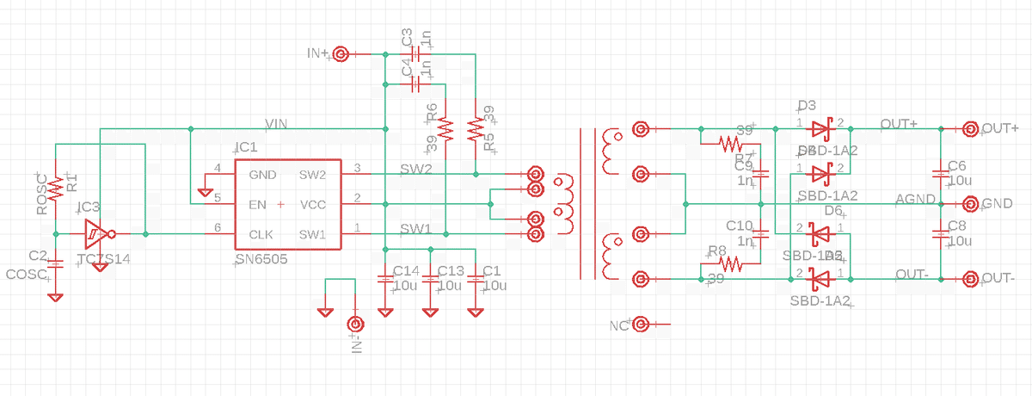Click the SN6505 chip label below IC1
261,259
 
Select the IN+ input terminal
341,54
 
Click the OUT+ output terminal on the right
970,129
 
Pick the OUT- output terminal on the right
970,279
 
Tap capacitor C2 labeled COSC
56,265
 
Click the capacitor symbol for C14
384,279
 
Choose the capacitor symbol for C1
475,279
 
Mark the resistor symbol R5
475,129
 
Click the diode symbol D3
820,129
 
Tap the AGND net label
915,200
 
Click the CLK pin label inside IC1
261,234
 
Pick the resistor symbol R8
730,264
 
